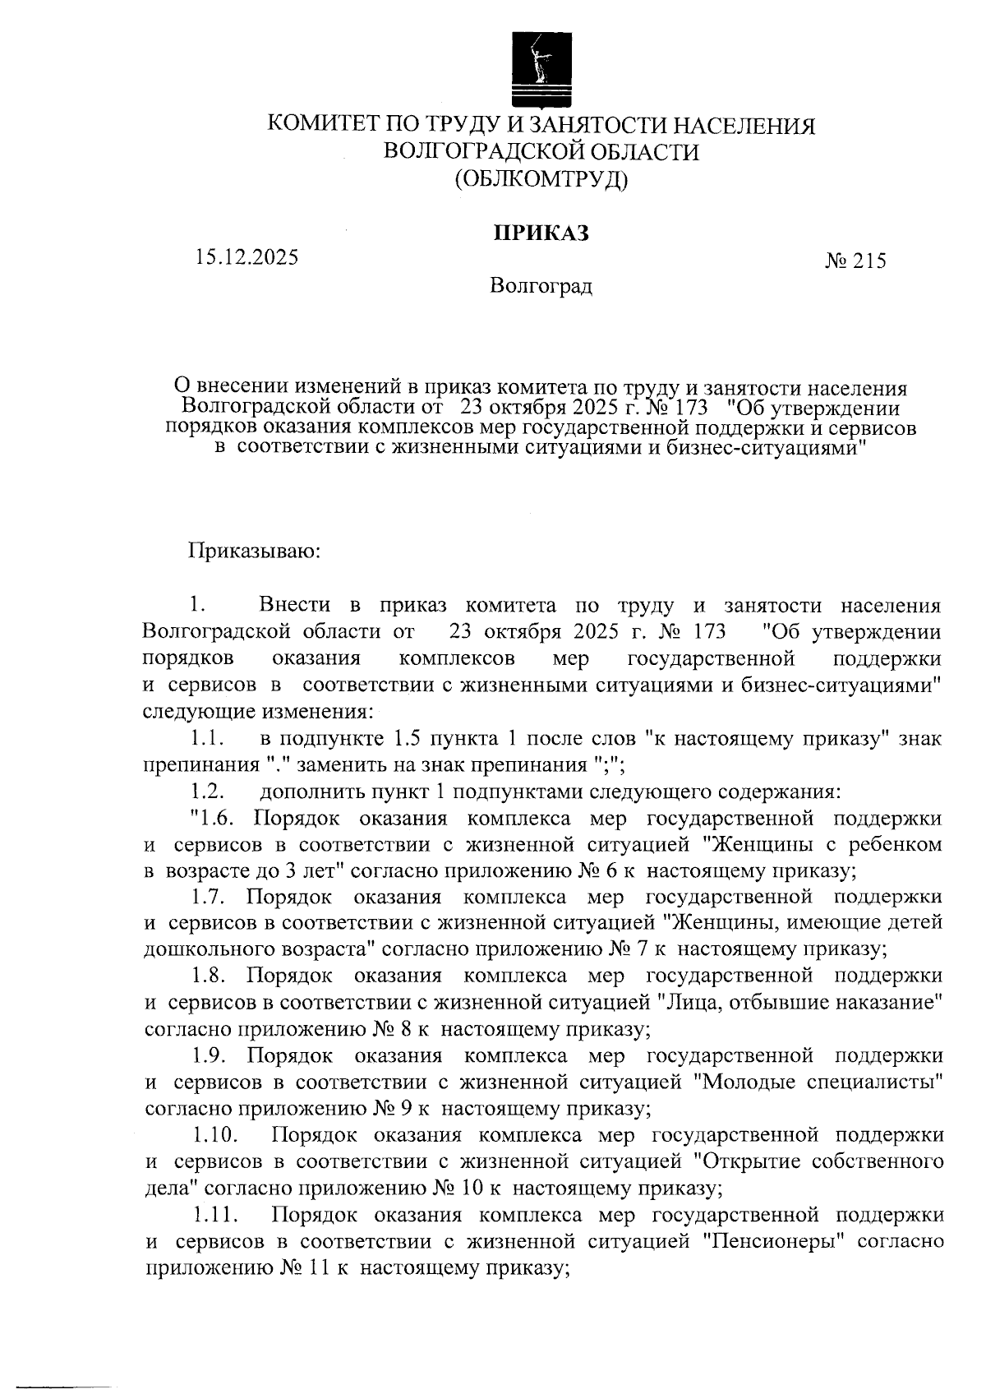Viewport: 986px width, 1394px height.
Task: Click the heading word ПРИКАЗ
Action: tap(541, 233)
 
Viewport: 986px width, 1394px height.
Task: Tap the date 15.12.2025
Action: tap(246, 257)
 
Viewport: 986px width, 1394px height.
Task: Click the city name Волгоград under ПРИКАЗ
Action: tap(541, 287)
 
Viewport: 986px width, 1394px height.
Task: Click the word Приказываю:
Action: tap(255, 550)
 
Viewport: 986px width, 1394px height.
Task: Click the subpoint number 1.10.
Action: tap(216, 1136)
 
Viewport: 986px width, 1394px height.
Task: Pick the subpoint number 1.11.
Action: tap(216, 1215)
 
